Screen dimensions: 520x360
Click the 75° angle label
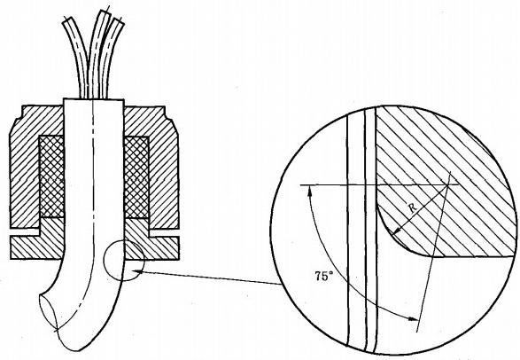coord(324,276)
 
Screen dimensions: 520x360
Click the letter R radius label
coord(413,208)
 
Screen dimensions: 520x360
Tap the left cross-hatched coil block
coord(51,176)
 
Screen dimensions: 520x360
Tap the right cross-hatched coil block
coord(136,177)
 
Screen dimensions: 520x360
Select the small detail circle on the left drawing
coord(104,260)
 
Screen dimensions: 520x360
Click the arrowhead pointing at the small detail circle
coord(137,271)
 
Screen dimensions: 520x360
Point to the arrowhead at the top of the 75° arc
coord(310,190)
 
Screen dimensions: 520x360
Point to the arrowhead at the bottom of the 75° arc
coord(413,319)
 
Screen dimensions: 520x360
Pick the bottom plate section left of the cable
coord(37,247)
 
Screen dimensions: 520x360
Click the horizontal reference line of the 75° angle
coord(379,184)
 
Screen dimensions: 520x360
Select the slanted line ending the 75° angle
coord(434,252)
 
